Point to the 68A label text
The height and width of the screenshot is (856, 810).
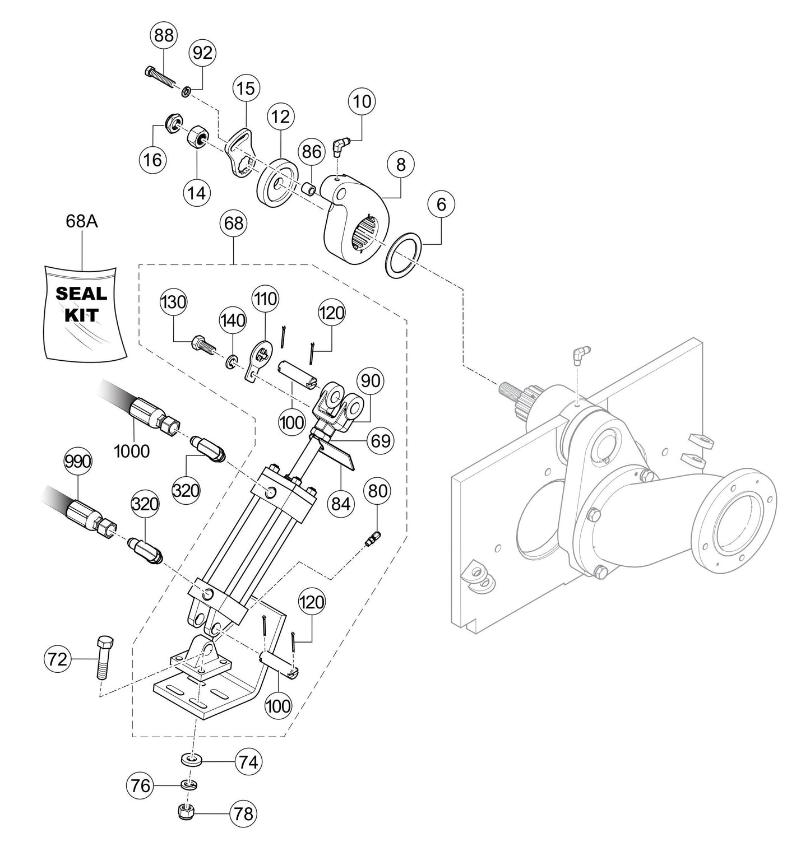coord(82,222)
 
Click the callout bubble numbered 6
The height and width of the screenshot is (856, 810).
coord(442,205)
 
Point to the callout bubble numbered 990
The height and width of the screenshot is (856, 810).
coord(77,462)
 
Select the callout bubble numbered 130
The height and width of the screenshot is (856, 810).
coord(173,303)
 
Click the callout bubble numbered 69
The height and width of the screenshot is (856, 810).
coord(381,440)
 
